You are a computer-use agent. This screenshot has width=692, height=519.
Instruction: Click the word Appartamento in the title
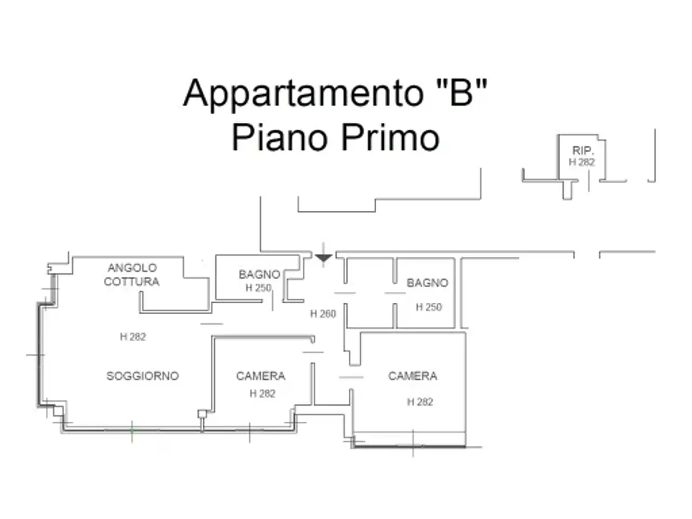coord(303,94)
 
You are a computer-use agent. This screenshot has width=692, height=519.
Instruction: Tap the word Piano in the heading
coord(280,137)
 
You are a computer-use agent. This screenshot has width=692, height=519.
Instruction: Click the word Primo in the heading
coord(390,137)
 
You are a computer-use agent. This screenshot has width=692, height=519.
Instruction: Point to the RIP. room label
coord(583,150)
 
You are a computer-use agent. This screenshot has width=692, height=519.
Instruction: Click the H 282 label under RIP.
coord(582,162)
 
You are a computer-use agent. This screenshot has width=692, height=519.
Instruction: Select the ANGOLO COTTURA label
coord(132,275)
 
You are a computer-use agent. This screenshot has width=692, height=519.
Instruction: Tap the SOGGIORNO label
coord(143,376)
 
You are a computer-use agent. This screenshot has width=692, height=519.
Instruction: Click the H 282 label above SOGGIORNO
coord(133,337)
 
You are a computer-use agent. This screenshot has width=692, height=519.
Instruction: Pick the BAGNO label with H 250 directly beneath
coord(259,275)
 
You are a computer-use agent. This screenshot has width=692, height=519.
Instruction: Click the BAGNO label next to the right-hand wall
coord(427,283)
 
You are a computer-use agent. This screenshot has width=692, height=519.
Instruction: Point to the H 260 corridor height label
coord(323,314)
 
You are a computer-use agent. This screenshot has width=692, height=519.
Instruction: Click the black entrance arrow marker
coord(323,257)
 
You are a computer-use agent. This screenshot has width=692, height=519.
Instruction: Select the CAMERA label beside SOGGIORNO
coord(261,376)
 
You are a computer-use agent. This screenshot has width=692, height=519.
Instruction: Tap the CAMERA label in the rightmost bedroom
coord(412,376)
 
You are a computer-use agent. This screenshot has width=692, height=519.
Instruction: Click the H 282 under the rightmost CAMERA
coord(420,402)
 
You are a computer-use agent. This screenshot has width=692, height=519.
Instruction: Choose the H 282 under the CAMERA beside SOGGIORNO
coord(262,394)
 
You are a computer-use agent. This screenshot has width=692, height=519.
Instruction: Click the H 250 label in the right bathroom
coord(429,307)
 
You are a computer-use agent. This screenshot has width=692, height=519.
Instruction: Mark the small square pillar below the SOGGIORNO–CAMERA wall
coord(202,414)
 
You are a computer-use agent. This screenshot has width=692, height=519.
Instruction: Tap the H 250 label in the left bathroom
coord(258,288)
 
